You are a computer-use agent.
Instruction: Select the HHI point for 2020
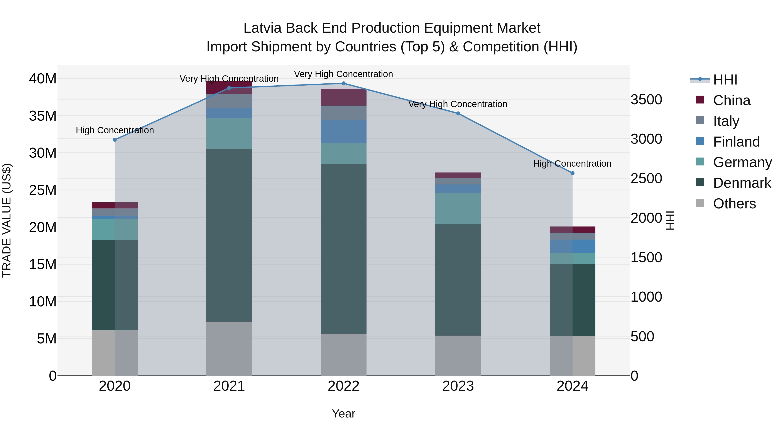pos(115,140)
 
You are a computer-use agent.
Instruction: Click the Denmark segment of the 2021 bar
pos(229,235)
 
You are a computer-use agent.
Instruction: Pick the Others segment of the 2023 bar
pos(458,355)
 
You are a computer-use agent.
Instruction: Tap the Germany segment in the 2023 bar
pos(458,208)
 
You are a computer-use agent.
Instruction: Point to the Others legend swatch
pos(700,203)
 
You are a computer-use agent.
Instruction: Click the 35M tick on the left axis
pos(43,116)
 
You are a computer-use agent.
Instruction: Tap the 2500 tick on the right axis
pos(646,179)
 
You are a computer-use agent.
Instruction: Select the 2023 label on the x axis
pos(458,386)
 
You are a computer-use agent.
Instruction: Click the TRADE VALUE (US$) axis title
pos(7,220)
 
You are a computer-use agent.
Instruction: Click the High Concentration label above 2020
pos(115,130)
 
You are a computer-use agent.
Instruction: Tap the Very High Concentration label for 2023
pos(458,104)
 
